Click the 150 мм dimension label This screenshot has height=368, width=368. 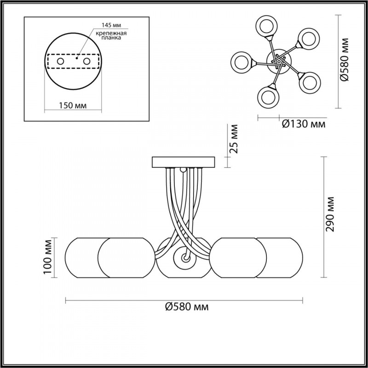pyautogui.click(x=73, y=105)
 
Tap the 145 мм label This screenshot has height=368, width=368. pyautogui.click(x=111, y=25)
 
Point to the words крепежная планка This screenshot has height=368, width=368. pyautogui.click(x=111, y=35)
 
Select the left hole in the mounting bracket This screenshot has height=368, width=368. pyautogui.click(x=61, y=62)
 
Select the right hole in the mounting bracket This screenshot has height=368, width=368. pyautogui.click(x=86, y=62)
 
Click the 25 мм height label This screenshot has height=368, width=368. pyautogui.click(x=234, y=139)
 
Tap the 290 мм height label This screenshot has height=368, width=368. pyautogui.click(x=330, y=214)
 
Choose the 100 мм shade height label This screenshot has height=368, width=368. pyautogui.click(x=47, y=257)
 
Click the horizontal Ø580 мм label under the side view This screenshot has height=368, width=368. pyautogui.click(x=187, y=306)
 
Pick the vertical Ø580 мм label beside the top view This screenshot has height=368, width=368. pyautogui.click(x=344, y=59)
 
